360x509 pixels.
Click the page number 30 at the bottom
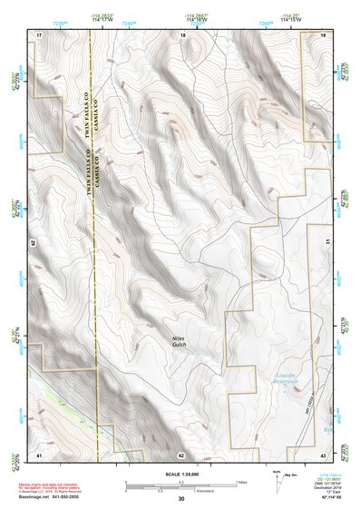click(x=180, y=499)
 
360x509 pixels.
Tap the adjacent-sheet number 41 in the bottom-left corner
click(x=39, y=453)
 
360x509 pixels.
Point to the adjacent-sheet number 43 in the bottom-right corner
click(x=323, y=453)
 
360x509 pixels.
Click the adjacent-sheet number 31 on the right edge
click(x=327, y=240)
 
